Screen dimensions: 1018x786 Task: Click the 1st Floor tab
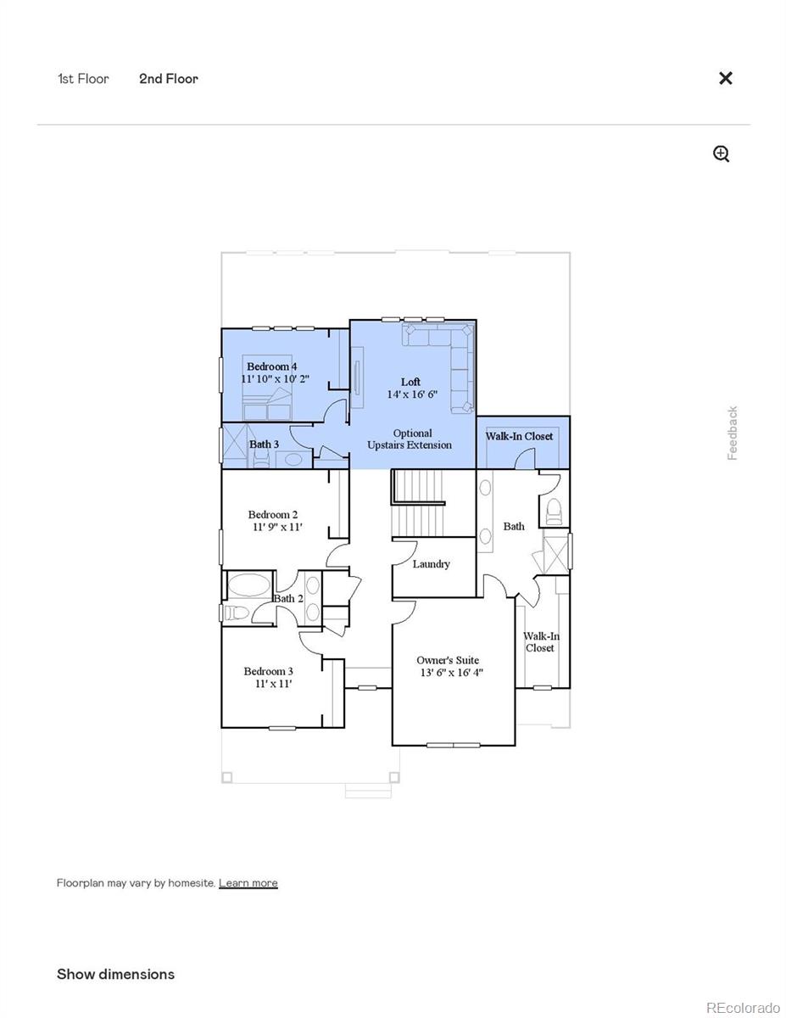tap(83, 79)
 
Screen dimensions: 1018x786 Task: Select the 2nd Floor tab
tap(169, 79)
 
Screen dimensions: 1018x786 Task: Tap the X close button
tap(726, 78)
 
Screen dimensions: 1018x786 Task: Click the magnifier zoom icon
tap(722, 154)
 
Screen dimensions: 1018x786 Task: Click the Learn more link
tap(248, 883)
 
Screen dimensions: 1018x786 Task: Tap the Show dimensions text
tap(115, 974)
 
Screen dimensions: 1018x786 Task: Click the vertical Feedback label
tap(733, 433)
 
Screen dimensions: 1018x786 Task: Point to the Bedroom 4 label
tap(271, 366)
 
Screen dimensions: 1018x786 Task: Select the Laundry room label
tap(432, 564)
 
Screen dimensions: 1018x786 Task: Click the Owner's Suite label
tap(448, 660)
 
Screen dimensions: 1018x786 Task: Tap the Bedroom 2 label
tap(272, 514)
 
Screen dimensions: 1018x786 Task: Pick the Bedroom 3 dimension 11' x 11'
tap(273, 684)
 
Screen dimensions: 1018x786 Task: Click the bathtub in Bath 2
tap(248, 586)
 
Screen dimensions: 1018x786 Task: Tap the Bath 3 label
tap(264, 445)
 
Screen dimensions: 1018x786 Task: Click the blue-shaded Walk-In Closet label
tap(519, 436)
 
